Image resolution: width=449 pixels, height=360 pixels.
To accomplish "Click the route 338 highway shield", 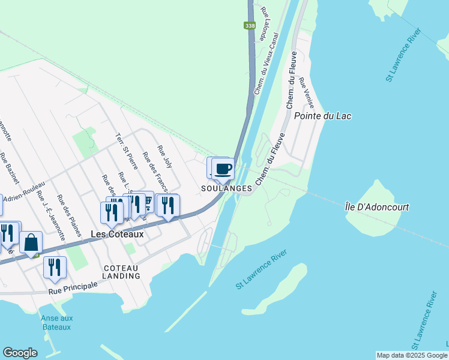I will (x=250, y=26).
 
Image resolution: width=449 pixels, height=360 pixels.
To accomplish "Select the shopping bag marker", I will (x=31, y=242).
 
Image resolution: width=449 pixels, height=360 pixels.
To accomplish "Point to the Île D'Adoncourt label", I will (x=377, y=207).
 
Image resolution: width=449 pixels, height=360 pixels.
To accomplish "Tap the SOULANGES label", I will (x=226, y=188).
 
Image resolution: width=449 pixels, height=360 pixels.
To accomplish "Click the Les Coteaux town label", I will (x=117, y=234).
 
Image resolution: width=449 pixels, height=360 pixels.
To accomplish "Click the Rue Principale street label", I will (x=73, y=289).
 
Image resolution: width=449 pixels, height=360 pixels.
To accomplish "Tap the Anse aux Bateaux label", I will (x=56, y=323).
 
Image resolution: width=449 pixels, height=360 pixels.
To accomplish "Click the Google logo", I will (x=20, y=353).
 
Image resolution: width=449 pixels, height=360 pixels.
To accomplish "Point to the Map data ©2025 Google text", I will (x=411, y=355).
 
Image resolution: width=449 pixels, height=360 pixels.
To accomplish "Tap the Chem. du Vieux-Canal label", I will (x=266, y=64).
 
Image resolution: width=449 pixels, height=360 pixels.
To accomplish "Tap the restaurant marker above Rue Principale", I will (x=55, y=267).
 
